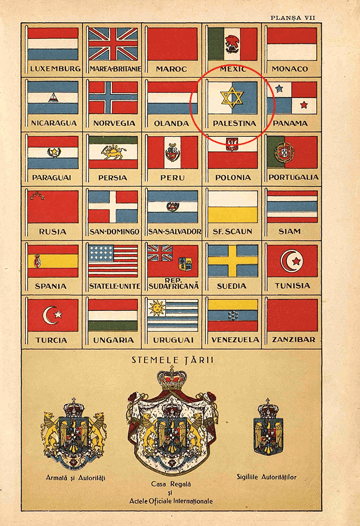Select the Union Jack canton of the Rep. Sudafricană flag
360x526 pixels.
tap(160, 253)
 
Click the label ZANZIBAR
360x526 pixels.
tap(292, 339)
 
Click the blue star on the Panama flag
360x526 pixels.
tap(279, 88)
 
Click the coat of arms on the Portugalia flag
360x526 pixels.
tap(285, 151)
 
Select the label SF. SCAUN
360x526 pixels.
tap(232, 231)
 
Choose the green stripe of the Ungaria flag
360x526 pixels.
tap(113, 326)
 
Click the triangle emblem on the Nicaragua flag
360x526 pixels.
tap(53, 98)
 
